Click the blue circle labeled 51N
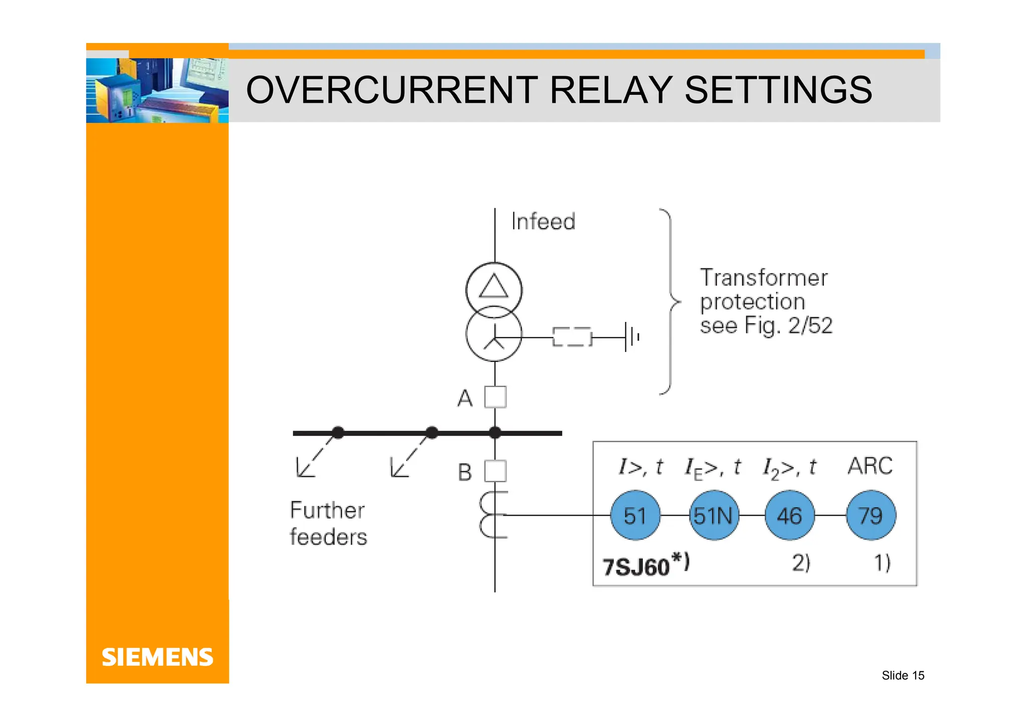pyautogui.click(x=713, y=515)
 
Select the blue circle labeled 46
pyautogui.click(x=790, y=515)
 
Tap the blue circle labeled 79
pyautogui.click(x=871, y=515)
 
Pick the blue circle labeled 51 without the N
pyautogui.click(x=635, y=515)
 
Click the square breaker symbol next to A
pyautogui.click(x=495, y=397)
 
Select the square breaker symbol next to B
pyautogui.click(x=495, y=471)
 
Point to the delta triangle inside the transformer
pyautogui.click(x=494, y=286)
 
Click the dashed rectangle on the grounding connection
pyautogui.click(x=572, y=337)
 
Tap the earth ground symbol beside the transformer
pyautogui.click(x=631, y=337)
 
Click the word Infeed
pyautogui.click(x=543, y=222)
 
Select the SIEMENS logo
pyautogui.click(x=157, y=657)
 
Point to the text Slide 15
pyautogui.click(x=903, y=675)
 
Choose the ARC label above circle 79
pyautogui.click(x=870, y=466)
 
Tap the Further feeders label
pyautogui.click(x=328, y=523)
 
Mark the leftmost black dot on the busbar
pyautogui.click(x=338, y=433)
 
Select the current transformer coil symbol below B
pyautogui.click(x=492, y=515)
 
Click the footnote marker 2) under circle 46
pyautogui.click(x=801, y=563)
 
